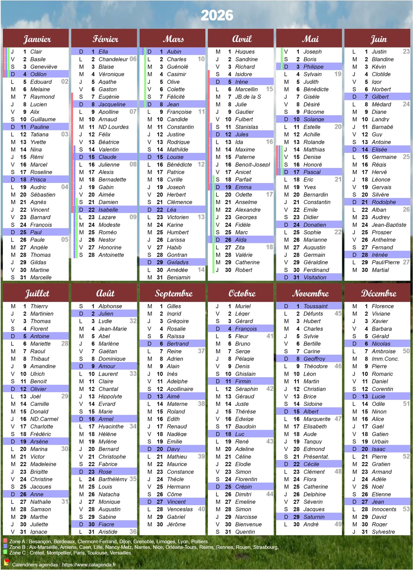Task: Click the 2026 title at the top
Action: click(217, 15)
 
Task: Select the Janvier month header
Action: click(37, 39)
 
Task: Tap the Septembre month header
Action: click(173, 293)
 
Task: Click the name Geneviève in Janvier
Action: click(44, 67)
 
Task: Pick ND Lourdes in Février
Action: click(113, 127)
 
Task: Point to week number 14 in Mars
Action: click(201, 270)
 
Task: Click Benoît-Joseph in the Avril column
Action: click(253, 165)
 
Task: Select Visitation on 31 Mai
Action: click(315, 278)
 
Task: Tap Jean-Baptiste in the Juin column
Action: click(389, 225)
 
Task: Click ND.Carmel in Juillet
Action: click(44, 419)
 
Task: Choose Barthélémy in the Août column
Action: click(113, 479)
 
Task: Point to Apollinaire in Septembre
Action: click(180, 389)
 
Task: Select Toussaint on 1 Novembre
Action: click(315, 306)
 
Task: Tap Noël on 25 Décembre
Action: click(378, 487)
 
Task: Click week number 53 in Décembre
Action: click(406, 509)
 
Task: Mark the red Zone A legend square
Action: click(5, 541)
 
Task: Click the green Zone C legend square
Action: click(5, 553)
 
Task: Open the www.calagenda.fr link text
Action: click(89, 565)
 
